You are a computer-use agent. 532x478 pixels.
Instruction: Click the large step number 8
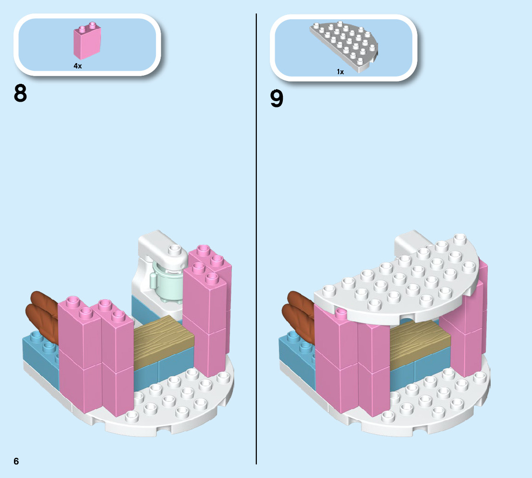click(21, 93)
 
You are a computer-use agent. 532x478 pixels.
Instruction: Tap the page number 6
click(16, 461)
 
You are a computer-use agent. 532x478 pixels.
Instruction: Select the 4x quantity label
click(77, 66)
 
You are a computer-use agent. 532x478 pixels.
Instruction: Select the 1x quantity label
click(340, 71)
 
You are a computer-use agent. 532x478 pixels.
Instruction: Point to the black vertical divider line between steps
click(256, 241)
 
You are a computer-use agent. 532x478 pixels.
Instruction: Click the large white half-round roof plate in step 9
click(394, 284)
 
